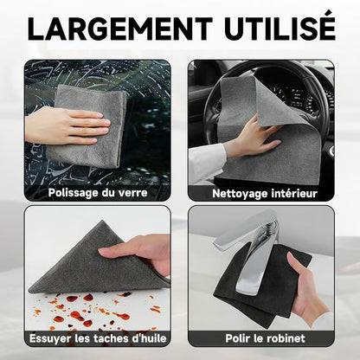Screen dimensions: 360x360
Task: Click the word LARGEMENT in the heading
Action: [x=120, y=29]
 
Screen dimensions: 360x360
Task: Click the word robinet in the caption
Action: [x=285, y=338]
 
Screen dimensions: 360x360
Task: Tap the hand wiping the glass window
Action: [x=67, y=126]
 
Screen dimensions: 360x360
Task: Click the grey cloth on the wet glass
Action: [x=87, y=127]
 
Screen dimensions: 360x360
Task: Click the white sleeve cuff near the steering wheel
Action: [x=207, y=162]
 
